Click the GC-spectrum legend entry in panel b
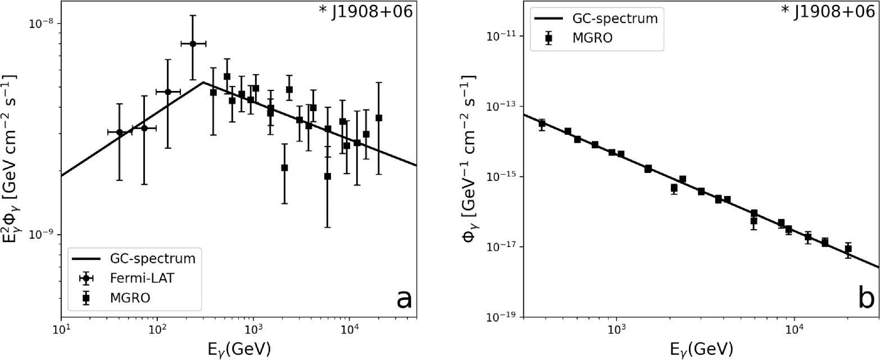596,18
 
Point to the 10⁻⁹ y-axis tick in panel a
43,235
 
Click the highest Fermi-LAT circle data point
193,43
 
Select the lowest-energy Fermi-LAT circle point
119,132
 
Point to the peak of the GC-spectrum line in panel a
203,83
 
